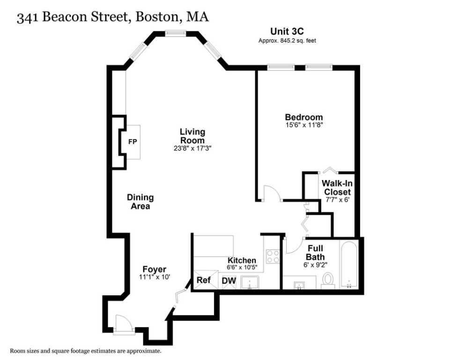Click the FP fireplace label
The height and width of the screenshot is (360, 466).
pyautogui.click(x=133, y=142)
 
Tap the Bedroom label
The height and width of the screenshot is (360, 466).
pyautogui.click(x=304, y=117)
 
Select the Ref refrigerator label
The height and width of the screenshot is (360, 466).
pyautogui.click(x=203, y=280)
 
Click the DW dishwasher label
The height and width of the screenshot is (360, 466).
pyautogui.click(x=229, y=280)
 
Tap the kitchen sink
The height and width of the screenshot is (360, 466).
pyautogui.click(x=251, y=283)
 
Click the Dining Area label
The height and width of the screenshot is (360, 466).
pyautogui.click(x=141, y=202)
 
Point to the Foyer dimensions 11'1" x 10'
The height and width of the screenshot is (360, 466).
pyautogui.click(x=154, y=277)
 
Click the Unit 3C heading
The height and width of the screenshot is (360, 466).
pyautogui.click(x=287, y=32)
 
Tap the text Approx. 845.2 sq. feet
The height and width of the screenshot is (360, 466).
pyautogui.click(x=287, y=41)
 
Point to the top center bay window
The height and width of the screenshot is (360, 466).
pyautogui.click(x=176, y=33)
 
